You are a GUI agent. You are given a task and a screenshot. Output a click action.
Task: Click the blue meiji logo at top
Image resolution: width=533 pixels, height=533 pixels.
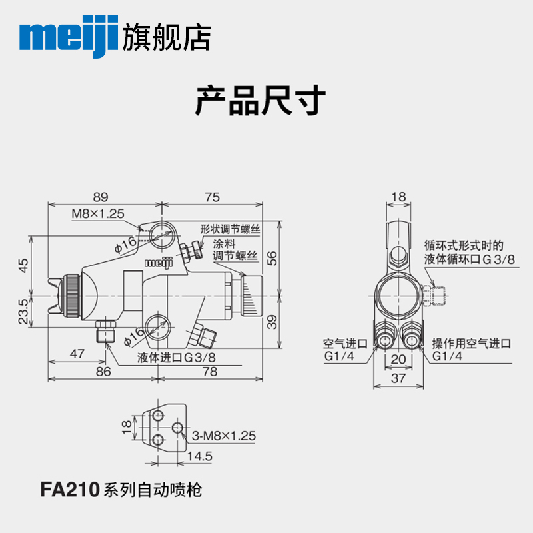point(71,37)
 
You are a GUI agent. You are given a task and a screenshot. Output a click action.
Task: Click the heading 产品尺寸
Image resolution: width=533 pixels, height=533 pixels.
point(260,101)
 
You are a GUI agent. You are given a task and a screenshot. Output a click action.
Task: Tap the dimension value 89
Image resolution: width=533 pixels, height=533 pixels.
point(100,197)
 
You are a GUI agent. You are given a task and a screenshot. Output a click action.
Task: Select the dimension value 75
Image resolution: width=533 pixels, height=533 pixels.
point(212,197)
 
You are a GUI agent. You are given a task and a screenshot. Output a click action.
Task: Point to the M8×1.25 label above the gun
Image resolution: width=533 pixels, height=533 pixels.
point(98,214)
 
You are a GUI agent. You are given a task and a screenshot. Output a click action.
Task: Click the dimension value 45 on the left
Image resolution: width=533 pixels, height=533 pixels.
point(23,265)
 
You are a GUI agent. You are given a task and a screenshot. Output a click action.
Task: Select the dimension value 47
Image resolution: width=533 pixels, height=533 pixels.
point(77,354)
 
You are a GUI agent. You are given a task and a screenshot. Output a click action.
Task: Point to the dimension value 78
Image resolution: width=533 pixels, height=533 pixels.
point(209,372)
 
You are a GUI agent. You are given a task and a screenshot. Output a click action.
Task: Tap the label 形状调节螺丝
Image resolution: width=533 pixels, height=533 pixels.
point(230,228)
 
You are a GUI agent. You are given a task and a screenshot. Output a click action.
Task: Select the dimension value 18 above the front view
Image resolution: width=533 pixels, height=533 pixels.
point(398,197)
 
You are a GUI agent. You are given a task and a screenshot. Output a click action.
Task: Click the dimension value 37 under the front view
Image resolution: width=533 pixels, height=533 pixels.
point(398,378)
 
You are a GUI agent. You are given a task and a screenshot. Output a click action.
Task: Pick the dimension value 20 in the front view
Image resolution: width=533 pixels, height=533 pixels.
point(398,360)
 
